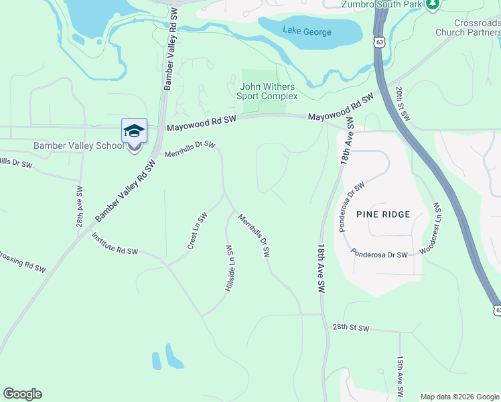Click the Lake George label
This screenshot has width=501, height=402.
301,29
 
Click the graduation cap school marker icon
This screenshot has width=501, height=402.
134,131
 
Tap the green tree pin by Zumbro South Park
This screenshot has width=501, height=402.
433,4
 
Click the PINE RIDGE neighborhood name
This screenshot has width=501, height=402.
382,214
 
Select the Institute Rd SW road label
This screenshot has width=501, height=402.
115,245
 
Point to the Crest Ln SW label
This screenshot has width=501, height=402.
196,231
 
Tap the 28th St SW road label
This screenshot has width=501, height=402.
351,328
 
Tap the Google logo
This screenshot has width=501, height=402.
22,394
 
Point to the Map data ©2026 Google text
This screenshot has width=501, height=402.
459,397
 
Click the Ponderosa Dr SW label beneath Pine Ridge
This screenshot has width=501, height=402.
380,255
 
